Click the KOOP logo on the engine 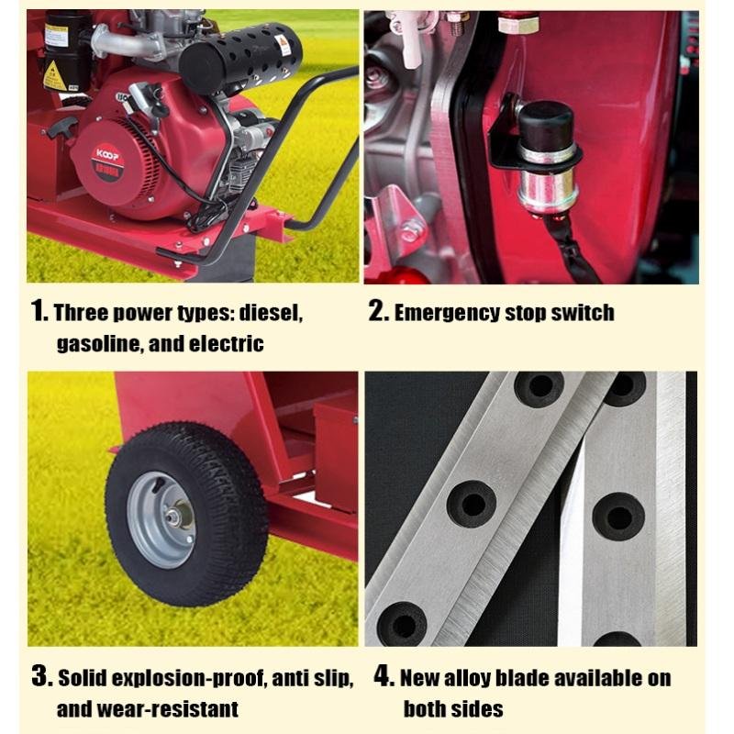pyautogui.click(x=107, y=154)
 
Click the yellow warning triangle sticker pyautogui.click(x=53, y=76)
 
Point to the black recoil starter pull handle pyautogui.click(x=61, y=127)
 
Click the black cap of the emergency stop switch pyautogui.click(x=546, y=125)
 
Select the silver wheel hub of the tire pyautogui.click(x=162, y=519)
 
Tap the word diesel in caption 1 pyautogui.click(x=271, y=313)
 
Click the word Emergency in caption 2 pyautogui.click(x=447, y=313)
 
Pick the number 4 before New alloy pyautogui.click(x=384, y=676)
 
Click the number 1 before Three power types pyautogui.click(x=38, y=310)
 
